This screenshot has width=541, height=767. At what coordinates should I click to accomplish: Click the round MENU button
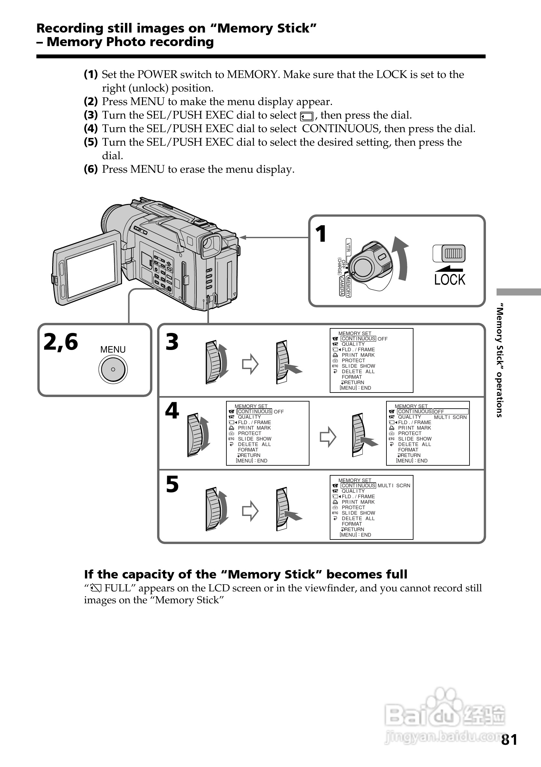(x=113, y=369)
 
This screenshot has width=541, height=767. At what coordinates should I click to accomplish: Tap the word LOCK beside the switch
(x=450, y=280)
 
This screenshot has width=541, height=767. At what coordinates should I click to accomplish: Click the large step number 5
(x=172, y=484)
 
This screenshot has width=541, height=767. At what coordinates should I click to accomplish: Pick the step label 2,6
(x=61, y=342)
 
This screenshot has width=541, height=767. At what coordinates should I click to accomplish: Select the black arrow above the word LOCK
(x=449, y=268)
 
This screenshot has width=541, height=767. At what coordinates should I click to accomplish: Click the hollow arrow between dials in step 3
(x=250, y=364)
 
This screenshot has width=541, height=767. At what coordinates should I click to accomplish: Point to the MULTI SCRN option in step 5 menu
(x=394, y=485)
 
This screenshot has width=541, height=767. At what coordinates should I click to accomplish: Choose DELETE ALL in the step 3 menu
(x=358, y=372)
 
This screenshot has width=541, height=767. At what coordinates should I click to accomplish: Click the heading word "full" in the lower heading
(x=397, y=574)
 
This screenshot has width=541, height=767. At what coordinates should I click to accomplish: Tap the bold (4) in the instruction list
(x=91, y=129)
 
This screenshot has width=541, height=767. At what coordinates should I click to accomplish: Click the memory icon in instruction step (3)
(x=307, y=116)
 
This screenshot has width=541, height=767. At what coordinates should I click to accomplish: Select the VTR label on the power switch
(x=348, y=247)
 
